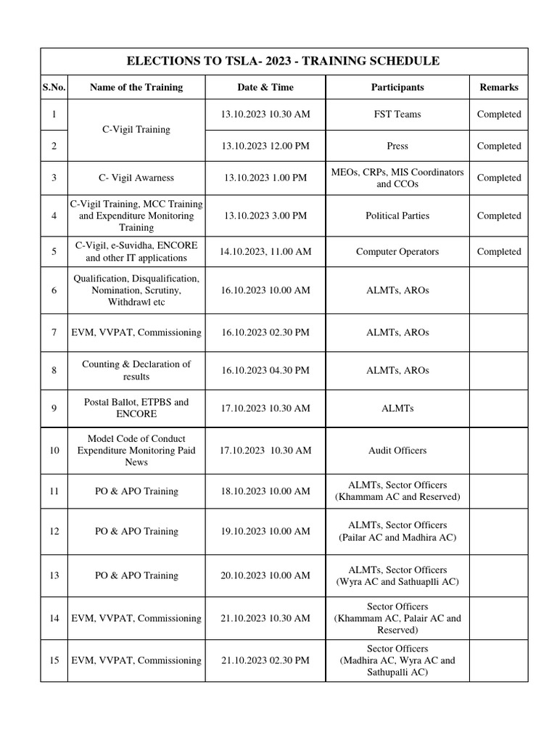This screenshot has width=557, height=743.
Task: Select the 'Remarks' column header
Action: tap(499, 87)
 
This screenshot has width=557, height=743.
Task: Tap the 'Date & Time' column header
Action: tap(265, 87)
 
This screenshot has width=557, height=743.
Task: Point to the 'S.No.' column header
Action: tap(54, 87)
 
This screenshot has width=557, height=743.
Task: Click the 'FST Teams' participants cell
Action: tap(397, 114)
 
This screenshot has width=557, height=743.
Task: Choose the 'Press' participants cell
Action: tap(397, 146)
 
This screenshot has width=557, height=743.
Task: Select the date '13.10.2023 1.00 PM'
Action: tap(265, 178)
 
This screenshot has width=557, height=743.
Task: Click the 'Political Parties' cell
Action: tap(397, 215)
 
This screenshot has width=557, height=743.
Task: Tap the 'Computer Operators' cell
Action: tap(397, 252)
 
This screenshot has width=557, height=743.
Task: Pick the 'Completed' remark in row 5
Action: tap(499, 252)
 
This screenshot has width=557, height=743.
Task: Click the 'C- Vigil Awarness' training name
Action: tap(136, 178)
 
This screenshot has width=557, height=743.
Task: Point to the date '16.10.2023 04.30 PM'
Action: tap(265, 370)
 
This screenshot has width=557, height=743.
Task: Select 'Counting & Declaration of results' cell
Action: tap(136, 370)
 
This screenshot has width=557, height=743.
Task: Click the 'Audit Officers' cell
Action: tap(397, 451)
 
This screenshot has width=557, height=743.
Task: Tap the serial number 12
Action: tap(54, 531)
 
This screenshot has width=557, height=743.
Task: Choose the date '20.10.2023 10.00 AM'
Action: tap(265, 575)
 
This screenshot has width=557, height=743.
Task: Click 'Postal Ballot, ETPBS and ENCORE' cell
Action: tap(136, 408)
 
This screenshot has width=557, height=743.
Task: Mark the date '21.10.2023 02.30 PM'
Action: tap(265, 660)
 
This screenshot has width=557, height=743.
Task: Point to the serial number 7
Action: tap(54, 332)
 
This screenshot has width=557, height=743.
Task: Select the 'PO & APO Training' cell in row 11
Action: tap(136, 491)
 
